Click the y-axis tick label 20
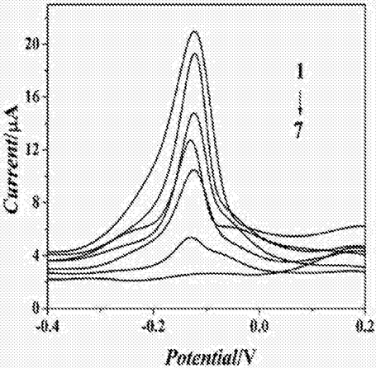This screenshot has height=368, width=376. (x=32, y=45)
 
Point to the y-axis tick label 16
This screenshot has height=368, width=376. (x=32, y=97)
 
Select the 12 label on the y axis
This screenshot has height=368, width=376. (x=32, y=149)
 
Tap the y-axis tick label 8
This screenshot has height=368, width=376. (x=36, y=202)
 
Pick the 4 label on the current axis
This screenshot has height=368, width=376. (x=36, y=255)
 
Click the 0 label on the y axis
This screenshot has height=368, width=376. (x=36, y=308)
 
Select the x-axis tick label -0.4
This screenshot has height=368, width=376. (x=48, y=327)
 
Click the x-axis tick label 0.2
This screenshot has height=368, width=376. (x=368, y=327)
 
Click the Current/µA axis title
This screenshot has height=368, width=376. (x=11, y=160)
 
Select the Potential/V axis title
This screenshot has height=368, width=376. (x=211, y=356)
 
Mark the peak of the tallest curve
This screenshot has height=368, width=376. (x=195, y=31)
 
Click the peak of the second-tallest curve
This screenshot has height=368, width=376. (x=194, y=54)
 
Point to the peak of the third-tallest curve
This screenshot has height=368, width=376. (x=193, y=113)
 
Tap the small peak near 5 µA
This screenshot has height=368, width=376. (x=189, y=237)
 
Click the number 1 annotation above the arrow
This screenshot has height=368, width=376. (x=300, y=71)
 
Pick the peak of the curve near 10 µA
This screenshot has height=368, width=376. (x=194, y=170)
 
